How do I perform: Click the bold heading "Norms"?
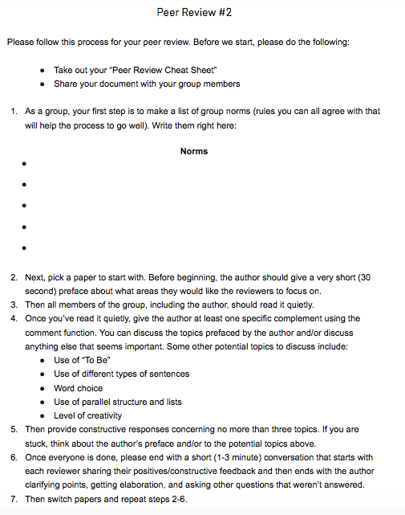click(194, 151)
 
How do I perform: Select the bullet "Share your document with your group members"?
click(147, 84)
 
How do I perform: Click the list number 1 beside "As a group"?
click(14, 112)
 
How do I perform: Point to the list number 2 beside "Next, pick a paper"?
click(14, 276)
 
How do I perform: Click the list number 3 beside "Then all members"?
click(14, 305)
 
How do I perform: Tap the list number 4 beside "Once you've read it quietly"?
click(14, 318)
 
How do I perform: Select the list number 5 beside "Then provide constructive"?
click(14, 429)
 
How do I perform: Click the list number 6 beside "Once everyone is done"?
click(14, 457)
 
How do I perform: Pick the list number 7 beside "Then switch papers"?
click(14, 499)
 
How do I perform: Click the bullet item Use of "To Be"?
click(81, 360)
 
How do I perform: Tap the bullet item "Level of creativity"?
click(88, 415)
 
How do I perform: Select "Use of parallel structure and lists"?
click(117, 402)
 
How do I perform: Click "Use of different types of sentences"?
click(121, 374)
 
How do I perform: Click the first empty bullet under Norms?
click(25, 165)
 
